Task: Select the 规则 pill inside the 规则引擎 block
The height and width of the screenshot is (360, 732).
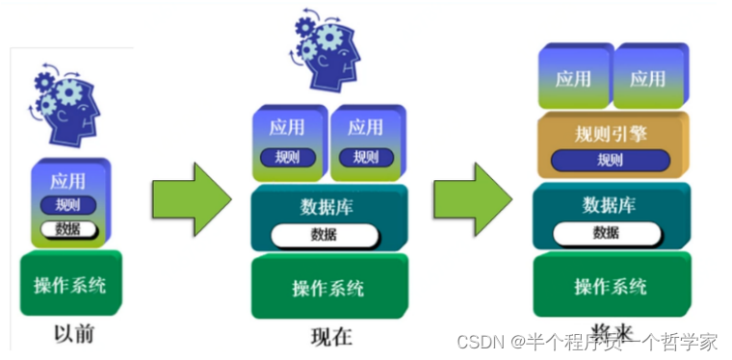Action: (610, 160)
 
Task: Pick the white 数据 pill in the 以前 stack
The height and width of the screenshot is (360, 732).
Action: (67, 228)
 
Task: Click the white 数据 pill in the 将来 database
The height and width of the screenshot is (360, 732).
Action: (607, 232)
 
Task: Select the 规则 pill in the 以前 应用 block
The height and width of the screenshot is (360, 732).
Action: (67, 204)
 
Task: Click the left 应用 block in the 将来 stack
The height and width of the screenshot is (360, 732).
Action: (573, 78)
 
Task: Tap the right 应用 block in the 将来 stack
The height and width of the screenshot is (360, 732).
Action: (648, 78)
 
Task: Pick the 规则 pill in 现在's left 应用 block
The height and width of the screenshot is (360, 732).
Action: (287, 157)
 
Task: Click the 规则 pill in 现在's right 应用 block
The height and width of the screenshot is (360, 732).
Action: (365, 157)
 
